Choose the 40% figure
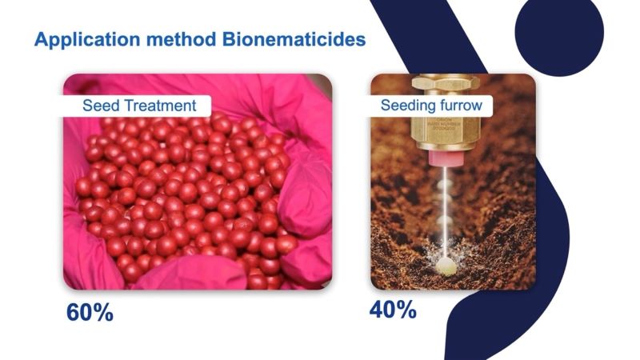click(393, 310)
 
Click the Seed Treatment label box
click(137, 106)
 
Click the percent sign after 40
click(406, 310)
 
